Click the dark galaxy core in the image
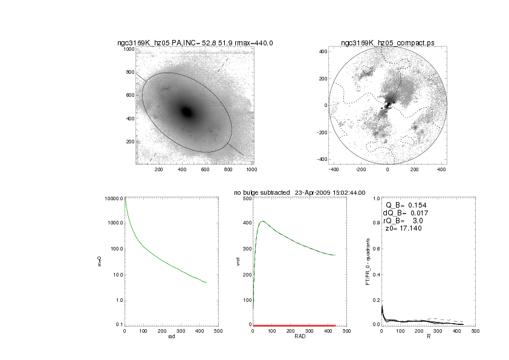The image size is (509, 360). point(187,112)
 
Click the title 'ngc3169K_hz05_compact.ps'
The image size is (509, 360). point(387,43)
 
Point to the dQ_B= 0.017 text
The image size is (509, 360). point(403,214)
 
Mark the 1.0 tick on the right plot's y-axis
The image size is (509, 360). point(375,198)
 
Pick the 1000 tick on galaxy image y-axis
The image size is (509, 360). point(129,49)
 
